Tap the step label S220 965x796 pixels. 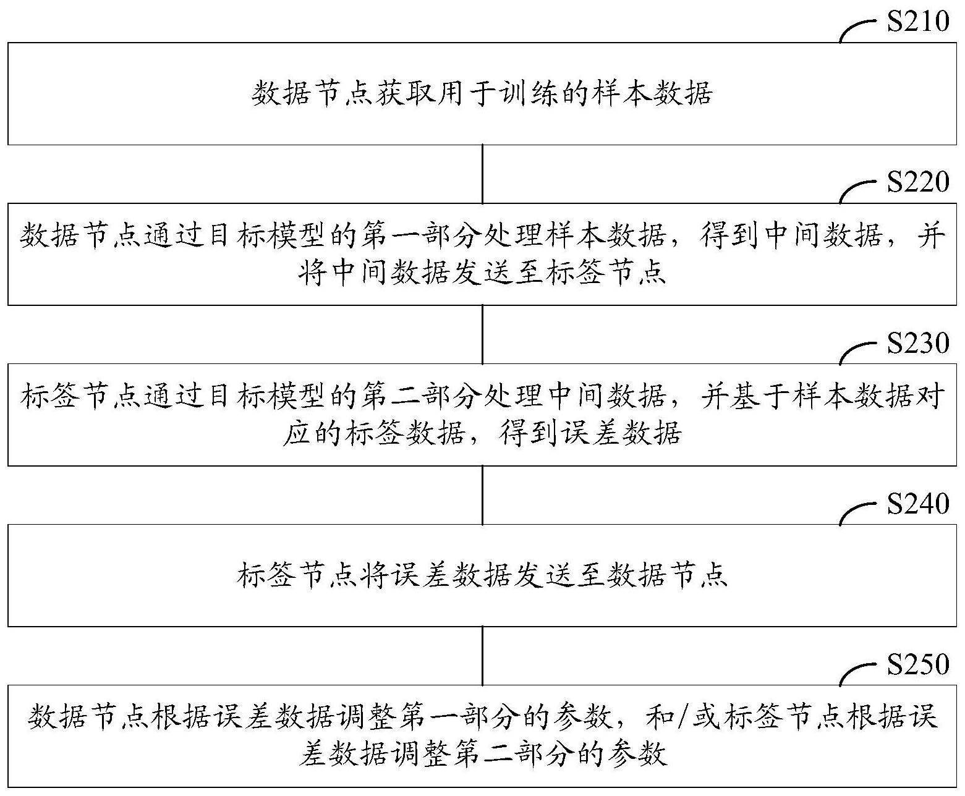(918, 182)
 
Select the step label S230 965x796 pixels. (918, 343)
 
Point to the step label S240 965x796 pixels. (918, 504)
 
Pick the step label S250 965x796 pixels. (918, 664)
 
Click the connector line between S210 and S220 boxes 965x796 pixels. (482, 174)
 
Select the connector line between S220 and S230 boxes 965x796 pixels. (482, 334)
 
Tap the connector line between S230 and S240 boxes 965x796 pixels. (482, 495)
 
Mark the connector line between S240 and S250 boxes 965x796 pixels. (482, 656)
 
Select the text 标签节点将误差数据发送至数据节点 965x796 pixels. (482, 575)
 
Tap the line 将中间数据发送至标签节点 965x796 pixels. (482, 273)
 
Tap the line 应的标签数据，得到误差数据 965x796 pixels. (482, 433)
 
